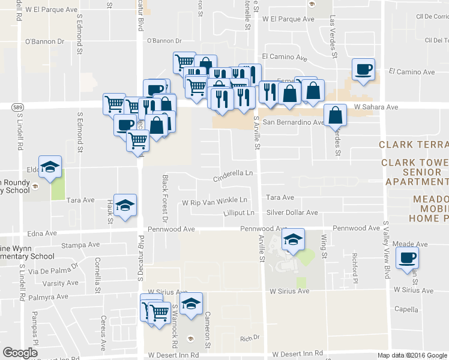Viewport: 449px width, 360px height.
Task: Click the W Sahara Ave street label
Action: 376,107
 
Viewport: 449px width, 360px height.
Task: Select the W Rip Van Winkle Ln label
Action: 214,200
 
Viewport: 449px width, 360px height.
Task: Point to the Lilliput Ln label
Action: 239,213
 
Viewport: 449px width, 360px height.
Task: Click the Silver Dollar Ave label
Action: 292,212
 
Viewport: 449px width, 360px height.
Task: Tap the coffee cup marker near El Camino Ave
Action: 363,70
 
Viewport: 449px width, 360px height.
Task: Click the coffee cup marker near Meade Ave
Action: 408,258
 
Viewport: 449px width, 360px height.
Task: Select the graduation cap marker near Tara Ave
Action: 125,206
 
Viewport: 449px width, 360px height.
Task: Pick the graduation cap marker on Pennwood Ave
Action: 293,240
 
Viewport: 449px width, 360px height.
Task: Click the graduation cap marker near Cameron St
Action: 191,304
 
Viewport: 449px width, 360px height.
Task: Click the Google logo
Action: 20,353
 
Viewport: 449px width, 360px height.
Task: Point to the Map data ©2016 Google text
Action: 412,355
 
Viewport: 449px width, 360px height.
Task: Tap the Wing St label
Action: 324,247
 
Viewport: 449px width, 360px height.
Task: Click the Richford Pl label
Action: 355,268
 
